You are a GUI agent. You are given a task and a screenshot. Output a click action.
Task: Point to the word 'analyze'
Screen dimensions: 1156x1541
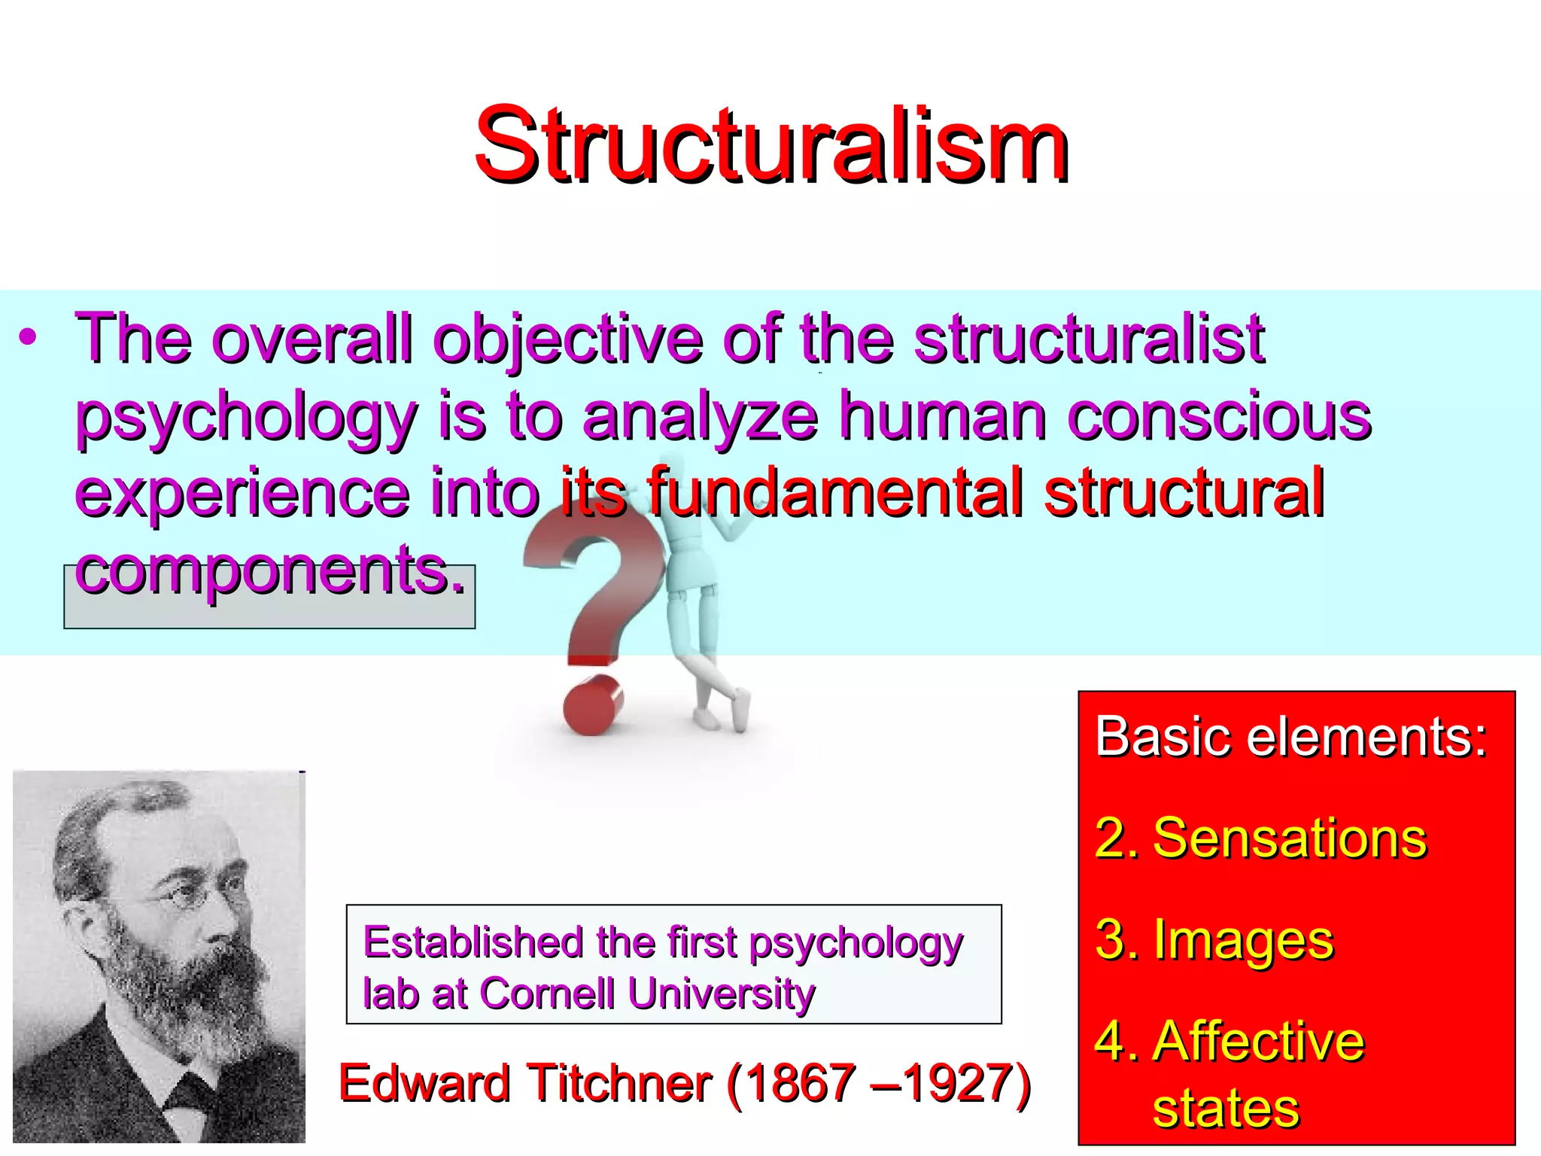[x=700, y=418]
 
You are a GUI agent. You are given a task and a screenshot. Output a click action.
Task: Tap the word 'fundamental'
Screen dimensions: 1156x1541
[x=835, y=493]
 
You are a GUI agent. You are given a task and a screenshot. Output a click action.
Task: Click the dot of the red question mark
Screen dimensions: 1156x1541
[x=593, y=703]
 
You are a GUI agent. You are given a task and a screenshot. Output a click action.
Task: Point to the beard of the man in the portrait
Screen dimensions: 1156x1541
[x=188, y=993]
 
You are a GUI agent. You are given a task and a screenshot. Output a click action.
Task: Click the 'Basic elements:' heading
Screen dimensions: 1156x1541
[x=1291, y=736]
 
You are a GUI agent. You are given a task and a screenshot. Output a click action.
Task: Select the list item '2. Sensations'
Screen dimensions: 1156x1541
[x=1261, y=838]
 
